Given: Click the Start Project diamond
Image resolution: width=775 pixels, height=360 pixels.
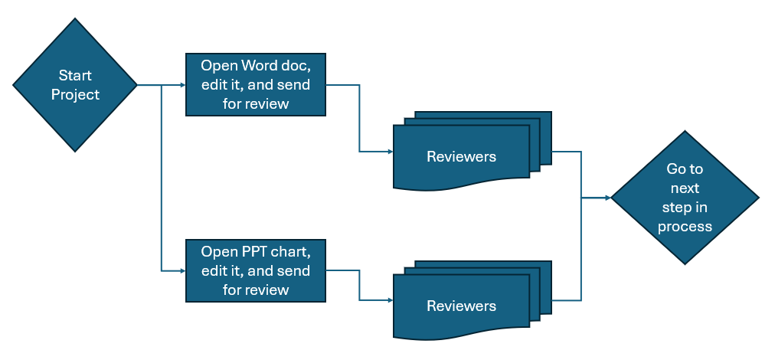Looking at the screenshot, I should (75, 85).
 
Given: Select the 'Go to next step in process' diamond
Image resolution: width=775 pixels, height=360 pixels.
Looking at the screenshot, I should (685, 198).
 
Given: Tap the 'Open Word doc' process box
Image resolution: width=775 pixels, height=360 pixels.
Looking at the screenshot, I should (256, 84).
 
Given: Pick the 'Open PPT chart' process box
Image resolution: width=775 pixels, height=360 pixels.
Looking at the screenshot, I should (256, 270).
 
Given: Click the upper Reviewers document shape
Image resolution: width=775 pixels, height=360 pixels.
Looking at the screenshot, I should (461, 157).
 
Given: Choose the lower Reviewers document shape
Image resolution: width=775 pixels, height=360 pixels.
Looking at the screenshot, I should (461, 306).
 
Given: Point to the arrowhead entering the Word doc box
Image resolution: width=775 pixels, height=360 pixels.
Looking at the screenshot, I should (182, 85).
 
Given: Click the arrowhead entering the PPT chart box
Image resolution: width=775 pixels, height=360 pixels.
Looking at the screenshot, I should (182, 270).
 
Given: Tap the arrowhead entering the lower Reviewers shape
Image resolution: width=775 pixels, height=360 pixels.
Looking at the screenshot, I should (389, 300).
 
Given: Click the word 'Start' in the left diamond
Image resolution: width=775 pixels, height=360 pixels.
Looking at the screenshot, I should (75, 76).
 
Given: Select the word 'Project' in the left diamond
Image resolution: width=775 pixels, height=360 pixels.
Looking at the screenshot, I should (75, 95).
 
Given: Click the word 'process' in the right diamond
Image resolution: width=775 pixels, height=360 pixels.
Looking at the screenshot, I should (685, 227).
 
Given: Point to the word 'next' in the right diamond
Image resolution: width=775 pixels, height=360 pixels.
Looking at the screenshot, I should (685, 188).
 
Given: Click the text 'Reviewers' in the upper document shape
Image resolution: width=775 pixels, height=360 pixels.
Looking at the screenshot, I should (461, 157).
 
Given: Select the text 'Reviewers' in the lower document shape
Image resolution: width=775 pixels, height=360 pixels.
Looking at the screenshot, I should (461, 306).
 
